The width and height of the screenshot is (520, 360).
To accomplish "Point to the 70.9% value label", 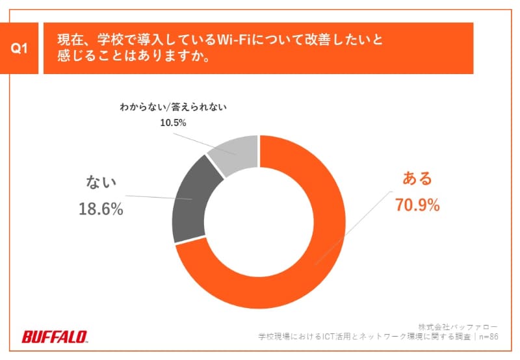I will pyautogui.click(x=417, y=205).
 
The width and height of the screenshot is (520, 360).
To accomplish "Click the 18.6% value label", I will pyautogui.click(x=100, y=209).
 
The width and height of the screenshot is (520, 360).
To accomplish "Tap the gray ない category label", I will pyautogui.click(x=100, y=183).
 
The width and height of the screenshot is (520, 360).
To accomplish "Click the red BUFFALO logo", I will pyautogui.click(x=55, y=337).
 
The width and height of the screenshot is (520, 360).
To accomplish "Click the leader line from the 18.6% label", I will pyautogui.click(x=156, y=197).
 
